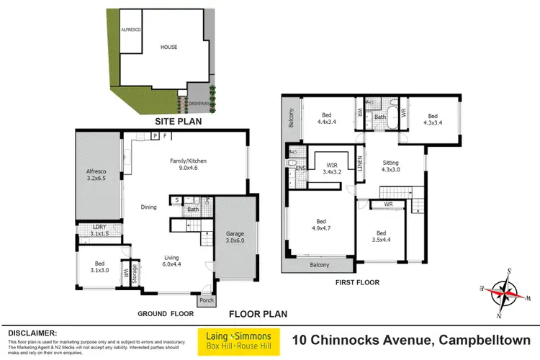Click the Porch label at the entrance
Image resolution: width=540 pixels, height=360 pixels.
click(x=207, y=300)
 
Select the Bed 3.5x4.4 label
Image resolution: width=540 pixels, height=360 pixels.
click(x=382, y=237)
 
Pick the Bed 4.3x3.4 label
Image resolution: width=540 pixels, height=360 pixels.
click(x=433, y=119)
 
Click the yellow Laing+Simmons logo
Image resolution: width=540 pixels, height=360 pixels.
click(x=236, y=342)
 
